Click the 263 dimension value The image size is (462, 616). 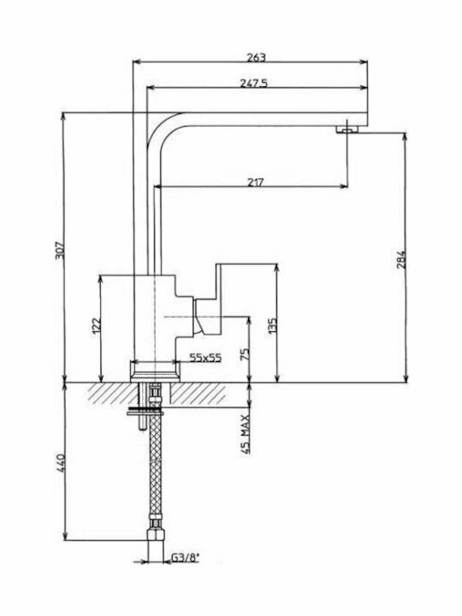pyautogui.click(x=256, y=57)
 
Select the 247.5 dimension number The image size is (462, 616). pyautogui.click(x=253, y=83)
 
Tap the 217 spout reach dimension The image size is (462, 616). pyautogui.click(x=256, y=182)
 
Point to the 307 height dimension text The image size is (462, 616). pyautogui.click(x=59, y=250)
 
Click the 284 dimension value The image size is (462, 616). pyautogui.click(x=400, y=259)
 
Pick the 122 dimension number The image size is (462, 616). pyautogui.click(x=96, y=326)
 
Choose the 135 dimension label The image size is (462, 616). pyautogui.click(x=273, y=326)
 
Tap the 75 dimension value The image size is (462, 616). pyautogui.click(x=246, y=354)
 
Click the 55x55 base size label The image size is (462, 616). pyautogui.click(x=205, y=358)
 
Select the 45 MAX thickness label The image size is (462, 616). pyautogui.click(x=246, y=434)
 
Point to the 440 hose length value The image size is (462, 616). pyautogui.click(x=60, y=463)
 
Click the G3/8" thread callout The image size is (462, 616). pyautogui.click(x=186, y=557)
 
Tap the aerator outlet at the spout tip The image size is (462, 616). pyautogui.click(x=347, y=129)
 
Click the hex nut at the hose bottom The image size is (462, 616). pyautogui.click(x=156, y=536)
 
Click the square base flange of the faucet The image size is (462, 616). pyautogui.click(x=155, y=371)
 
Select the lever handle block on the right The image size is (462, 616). pyautogui.click(x=219, y=299)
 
